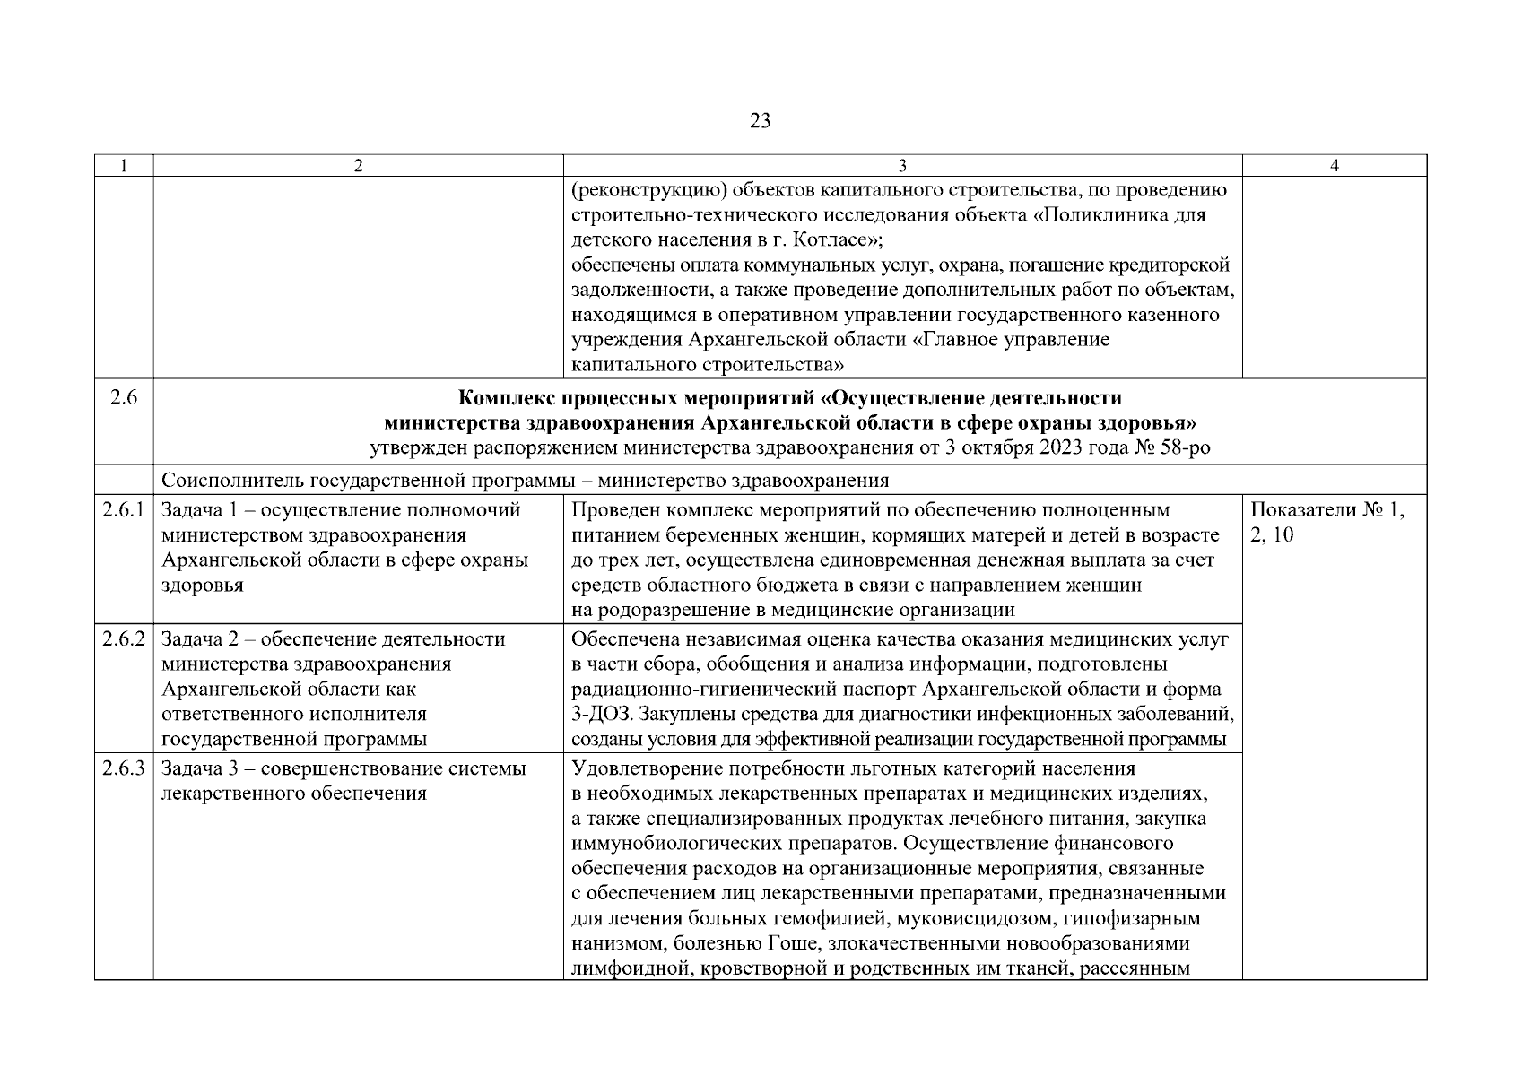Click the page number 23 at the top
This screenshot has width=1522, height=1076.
coord(760,121)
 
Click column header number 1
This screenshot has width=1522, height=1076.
coord(124,166)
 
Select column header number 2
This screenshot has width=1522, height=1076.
coord(358,166)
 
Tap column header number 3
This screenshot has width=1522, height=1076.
coord(902,166)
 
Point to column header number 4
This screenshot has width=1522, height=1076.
coord(1335,166)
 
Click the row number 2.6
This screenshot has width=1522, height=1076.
coord(124,398)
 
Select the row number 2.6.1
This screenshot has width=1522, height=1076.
coord(124,510)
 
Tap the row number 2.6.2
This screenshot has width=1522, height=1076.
coord(124,639)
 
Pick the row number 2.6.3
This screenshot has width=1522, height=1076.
coord(124,768)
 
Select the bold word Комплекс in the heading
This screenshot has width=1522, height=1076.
coord(509,398)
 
